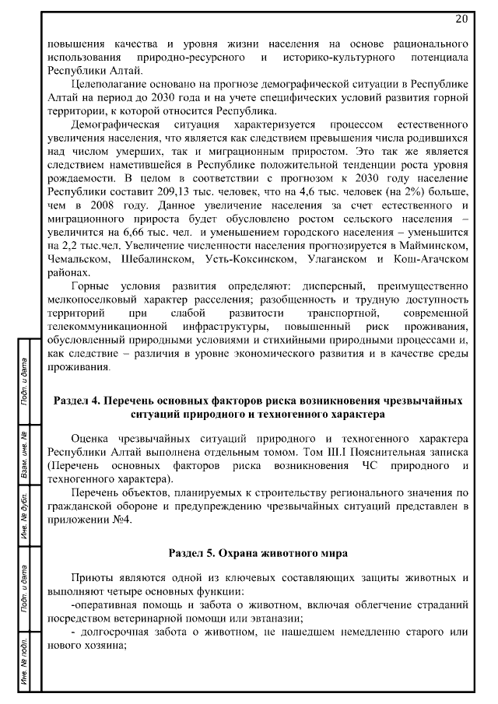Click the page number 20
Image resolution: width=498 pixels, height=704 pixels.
point(461,19)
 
